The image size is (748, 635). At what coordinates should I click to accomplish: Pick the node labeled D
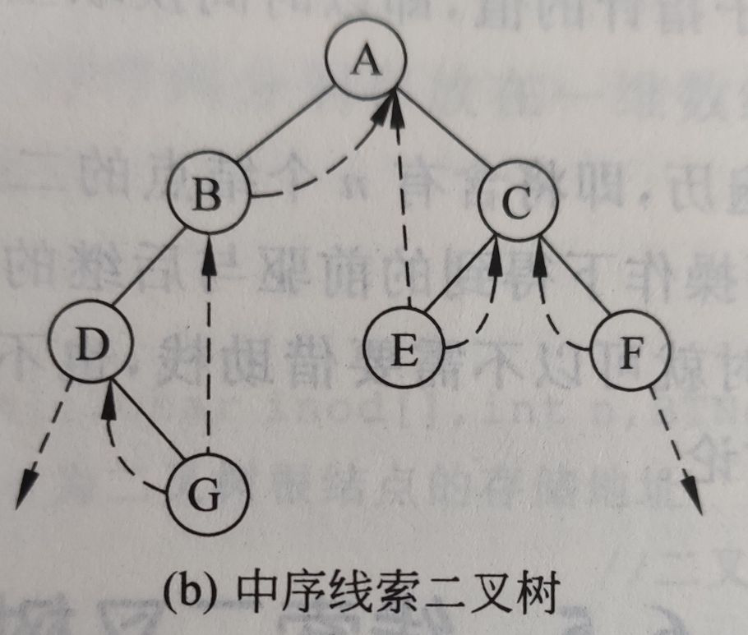[x=89, y=342]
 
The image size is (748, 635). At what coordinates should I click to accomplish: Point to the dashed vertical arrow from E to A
[x=401, y=205]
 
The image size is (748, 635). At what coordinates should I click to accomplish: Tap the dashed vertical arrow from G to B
[x=210, y=345]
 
